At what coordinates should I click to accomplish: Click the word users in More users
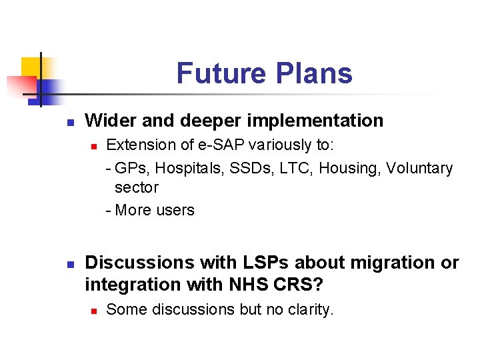(175, 210)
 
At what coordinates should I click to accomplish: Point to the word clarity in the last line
(309, 309)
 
